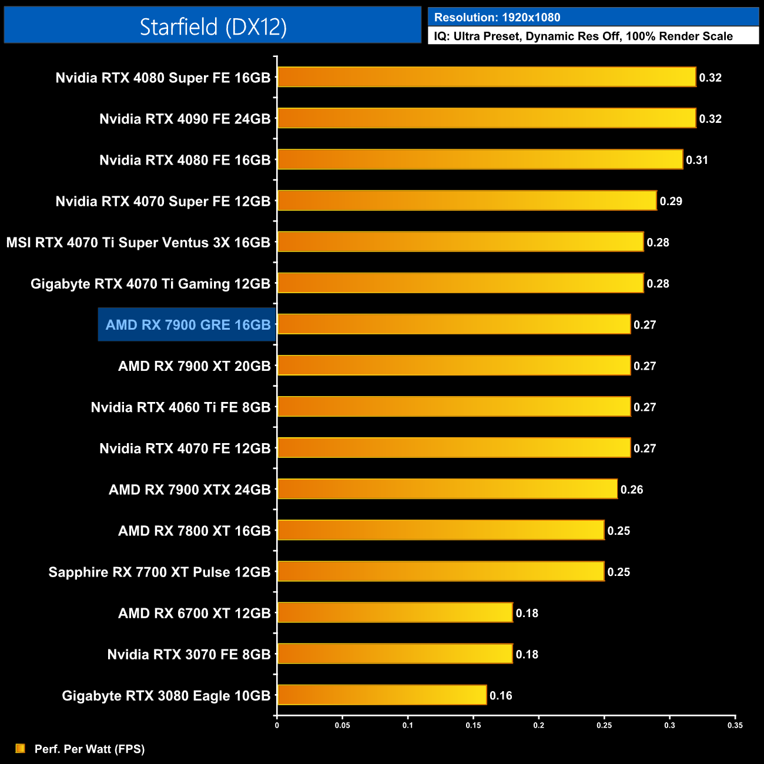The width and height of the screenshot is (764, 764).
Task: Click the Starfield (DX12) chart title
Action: point(213,26)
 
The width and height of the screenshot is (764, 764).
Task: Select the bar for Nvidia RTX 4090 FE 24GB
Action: point(486,118)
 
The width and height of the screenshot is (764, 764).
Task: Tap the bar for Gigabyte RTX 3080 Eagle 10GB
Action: point(382,695)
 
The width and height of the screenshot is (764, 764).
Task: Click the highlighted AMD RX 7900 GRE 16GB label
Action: point(187,324)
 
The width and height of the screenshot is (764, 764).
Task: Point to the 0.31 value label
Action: point(697,160)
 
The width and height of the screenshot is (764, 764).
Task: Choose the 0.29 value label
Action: point(671,201)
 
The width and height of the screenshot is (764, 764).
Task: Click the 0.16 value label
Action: point(501,695)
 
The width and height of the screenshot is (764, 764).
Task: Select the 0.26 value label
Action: point(632,490)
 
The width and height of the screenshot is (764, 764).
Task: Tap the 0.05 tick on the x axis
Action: point(342,725)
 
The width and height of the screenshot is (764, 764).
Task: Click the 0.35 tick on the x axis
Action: point(735,725)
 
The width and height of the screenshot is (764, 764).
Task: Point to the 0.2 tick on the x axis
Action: point(538,725)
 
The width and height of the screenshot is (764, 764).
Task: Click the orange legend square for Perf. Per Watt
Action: point(20,748)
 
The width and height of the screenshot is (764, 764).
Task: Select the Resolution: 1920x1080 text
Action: point(497,18)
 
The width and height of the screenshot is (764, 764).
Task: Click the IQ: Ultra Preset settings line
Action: point(583,36)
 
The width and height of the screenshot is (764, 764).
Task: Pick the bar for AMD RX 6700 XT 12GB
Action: point(395,612)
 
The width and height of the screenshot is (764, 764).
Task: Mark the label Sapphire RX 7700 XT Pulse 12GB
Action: point(159,572)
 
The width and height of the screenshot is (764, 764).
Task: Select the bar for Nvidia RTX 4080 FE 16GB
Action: point(480,159)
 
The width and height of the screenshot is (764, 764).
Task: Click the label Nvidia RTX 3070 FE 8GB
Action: point(189,654)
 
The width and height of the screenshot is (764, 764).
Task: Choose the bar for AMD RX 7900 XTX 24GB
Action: point(447,489)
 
